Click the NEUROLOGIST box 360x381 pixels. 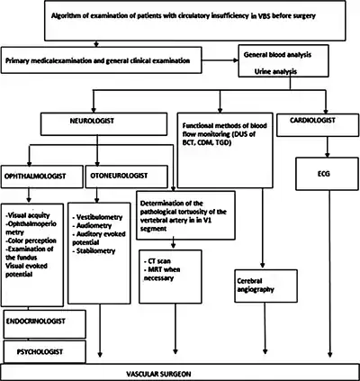[x=103, y=124]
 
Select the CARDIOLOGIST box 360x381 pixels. [x=318, y=125]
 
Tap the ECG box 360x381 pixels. [x=327, y=174]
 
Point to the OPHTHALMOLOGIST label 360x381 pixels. [x=35, y=177]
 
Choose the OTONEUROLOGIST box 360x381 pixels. [x=126, y=177]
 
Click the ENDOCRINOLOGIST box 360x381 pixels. [x=45, y=324]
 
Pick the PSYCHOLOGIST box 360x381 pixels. [x=45, y=351]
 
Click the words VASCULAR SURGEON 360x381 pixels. [x=158, y=374]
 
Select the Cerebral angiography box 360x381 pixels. [x=266, y=286]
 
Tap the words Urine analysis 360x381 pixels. [x=275, y=72]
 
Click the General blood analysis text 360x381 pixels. [x=277, y=55]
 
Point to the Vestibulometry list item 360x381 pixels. [x=97, y=217]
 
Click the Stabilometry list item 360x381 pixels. [x=94, y=251]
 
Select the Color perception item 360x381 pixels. [x=31, y=240]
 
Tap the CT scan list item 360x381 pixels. [x=157, y=261]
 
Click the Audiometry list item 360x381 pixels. [x=92, y=226]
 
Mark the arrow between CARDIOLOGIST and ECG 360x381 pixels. [x=328, y=147]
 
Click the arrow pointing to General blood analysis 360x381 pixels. [x=220, y=60]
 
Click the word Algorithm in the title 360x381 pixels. [x=66, y=15]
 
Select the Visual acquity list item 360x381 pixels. [x=28, y=215]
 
